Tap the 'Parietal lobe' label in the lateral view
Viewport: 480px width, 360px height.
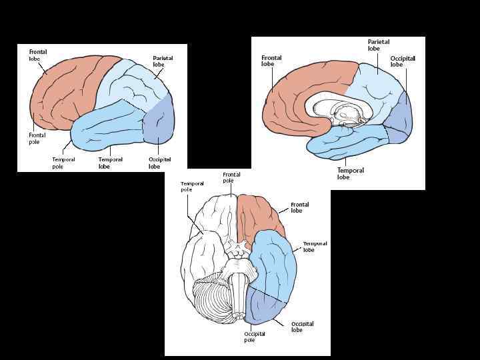pyautogui.click(x=163, y=62)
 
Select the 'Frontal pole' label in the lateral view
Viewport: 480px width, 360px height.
pyautogui.click(x=37, y=138)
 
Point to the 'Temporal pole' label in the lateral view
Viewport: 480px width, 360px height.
pyautogui.click(x=63, y=163)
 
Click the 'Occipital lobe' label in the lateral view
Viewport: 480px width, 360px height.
pyautogui.click(x=159, y=163)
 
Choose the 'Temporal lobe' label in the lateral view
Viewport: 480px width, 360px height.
pyautogui.click(x=109, y=163)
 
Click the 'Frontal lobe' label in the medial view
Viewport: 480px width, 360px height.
pyautogui.click(x=271, y=61)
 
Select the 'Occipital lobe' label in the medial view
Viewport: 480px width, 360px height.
pyautogui.click(x=403, y=61)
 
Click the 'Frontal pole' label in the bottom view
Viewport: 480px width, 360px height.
pyautogui.click(x=231, y=177)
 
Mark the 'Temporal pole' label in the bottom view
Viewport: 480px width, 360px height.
pyautogui.click(x=192, y=186)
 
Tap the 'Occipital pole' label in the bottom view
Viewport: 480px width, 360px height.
pyautogui.click(x=254, y=336)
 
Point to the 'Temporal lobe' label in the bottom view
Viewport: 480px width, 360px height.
pyautogui.click(x=315, y=247)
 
